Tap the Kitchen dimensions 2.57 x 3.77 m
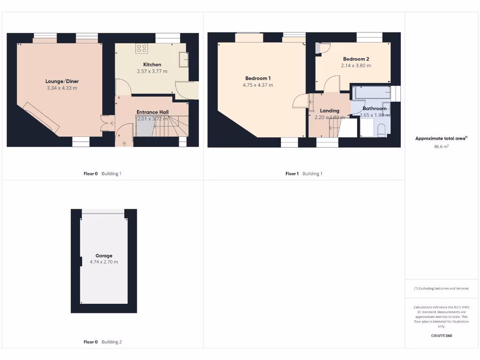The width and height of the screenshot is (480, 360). point(152,71)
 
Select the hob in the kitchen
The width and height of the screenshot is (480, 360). point(142,49)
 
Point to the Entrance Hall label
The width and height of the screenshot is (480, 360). point(152,112)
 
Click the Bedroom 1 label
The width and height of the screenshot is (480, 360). point(258,78)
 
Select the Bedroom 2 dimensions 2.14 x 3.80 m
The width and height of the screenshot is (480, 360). point(356,66)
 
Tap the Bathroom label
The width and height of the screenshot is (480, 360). point(375,108)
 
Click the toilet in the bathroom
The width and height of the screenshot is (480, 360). point(381,130)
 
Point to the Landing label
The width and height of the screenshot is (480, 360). point(330,111)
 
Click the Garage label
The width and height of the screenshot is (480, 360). point(104,256)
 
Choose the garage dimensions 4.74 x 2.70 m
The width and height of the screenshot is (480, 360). point(104,262)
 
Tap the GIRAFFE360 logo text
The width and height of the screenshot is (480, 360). point(442,336)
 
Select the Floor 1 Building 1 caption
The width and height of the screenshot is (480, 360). point(304,173)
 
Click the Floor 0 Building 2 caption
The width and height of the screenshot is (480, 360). point(102,342)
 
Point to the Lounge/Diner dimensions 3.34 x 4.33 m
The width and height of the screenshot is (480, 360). point(62,88)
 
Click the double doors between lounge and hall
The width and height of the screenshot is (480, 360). point(106,122)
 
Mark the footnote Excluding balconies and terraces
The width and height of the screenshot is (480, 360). point(442,288)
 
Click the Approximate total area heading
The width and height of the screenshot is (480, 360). point(441,138)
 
